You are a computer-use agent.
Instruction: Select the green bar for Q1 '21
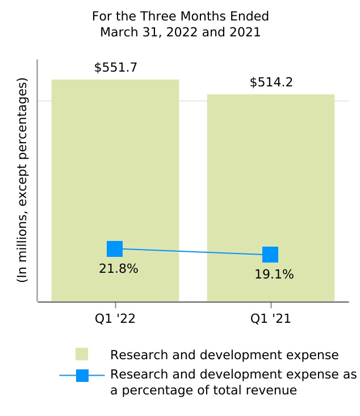click(x=270, y=170)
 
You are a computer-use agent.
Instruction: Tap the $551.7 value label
click(x=115, y=68)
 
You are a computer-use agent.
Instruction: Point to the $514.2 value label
click(x=271, y=82)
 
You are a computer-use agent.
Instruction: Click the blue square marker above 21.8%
click(x=115, y=249)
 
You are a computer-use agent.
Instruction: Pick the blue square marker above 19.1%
click(x=270, y=255)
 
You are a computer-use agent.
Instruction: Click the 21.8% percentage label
click(x=118, y=269)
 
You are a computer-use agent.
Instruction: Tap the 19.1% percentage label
click(x=274, y=274)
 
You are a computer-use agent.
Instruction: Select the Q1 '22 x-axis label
click(x=115, y=319)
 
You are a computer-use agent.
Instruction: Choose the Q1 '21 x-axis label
click(x=271, y=319)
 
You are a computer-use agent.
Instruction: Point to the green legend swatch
click(x=82, y=355)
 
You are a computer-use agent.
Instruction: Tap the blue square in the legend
click(x=82, y=375)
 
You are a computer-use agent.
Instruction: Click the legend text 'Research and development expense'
click(x=224, y=355)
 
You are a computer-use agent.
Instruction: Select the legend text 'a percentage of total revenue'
click(x=203, y=390)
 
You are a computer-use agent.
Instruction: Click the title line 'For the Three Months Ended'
click(x=180, y=16)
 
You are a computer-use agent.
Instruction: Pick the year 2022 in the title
click(x=180, y=32)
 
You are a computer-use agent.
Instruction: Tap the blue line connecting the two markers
click(x=193, y=252)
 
